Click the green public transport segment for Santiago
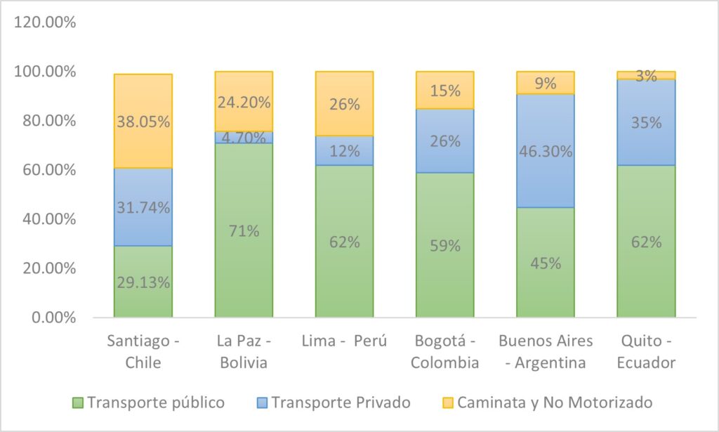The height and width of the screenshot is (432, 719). (x=143, y=281)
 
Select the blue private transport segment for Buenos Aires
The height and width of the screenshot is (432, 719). (x=546, y=151)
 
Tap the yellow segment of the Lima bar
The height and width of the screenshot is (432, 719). (x=344, y=103)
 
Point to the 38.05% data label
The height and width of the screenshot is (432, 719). (x=143, y=122)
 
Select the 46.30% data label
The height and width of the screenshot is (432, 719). (x=546, y=151)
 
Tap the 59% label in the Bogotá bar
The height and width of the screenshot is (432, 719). (x=444, y=246)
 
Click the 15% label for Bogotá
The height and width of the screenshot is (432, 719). (x=444, y=91)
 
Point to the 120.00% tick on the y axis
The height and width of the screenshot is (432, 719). (x=44, y=22)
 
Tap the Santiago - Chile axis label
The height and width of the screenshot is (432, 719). (x=143, y=351)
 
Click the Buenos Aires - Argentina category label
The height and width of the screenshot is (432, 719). (x=546, y=351)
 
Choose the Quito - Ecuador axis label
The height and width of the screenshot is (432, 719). (x=646, y=351)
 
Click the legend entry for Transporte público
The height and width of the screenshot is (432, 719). (x=149, y=402)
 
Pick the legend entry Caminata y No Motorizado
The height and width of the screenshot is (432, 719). (x=548, y=402)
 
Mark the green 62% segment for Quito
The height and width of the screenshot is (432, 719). (x=646, y=242)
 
